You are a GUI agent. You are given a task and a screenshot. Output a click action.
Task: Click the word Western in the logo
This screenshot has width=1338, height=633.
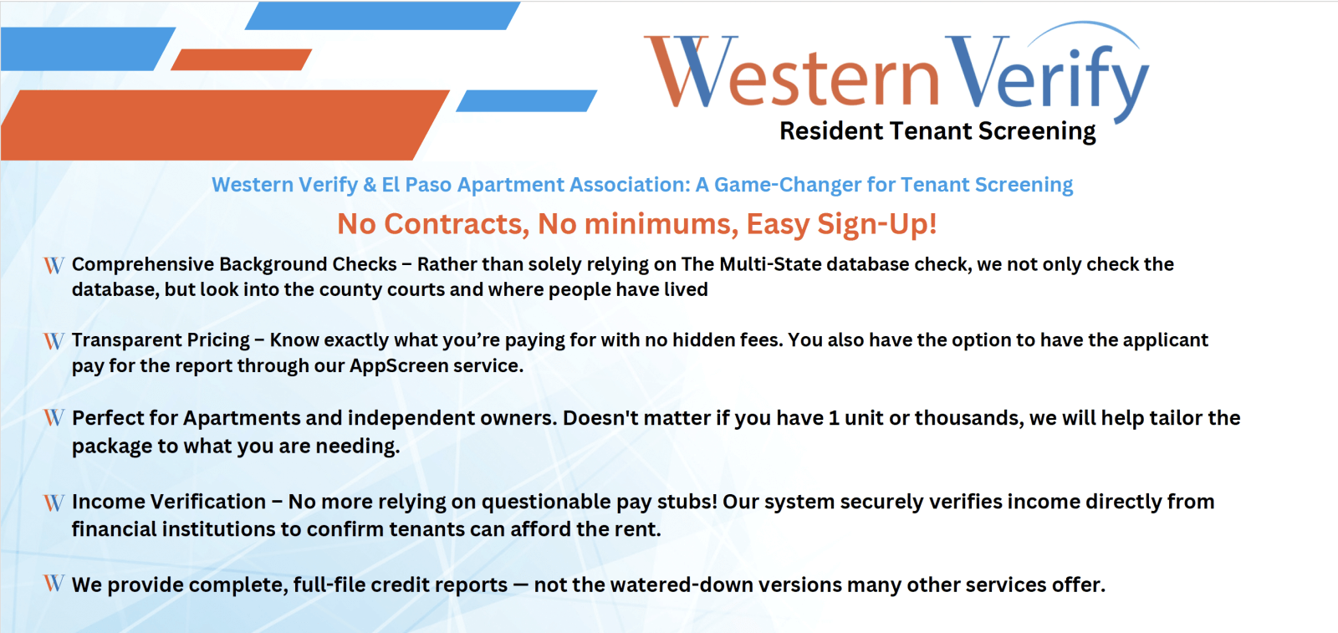pos(792,72)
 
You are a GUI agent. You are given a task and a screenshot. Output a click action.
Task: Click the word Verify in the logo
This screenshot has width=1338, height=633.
pos(1046,74)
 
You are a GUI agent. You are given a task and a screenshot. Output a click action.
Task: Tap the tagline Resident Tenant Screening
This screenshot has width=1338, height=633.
pos(937,131)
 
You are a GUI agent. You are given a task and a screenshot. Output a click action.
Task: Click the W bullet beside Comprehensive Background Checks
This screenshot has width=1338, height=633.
pos(54,265)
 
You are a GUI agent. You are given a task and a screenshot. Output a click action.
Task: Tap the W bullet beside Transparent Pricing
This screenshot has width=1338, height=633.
pos(54,341)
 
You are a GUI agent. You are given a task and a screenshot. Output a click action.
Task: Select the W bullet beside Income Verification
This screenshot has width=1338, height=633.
pos(54,503)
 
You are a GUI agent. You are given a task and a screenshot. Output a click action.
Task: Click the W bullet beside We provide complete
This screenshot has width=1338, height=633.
pos(54,583)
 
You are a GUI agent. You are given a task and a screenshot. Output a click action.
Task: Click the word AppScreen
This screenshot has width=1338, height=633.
pos(398,365)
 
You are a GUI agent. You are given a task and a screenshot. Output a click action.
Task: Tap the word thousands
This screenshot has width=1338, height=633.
pos(967,418)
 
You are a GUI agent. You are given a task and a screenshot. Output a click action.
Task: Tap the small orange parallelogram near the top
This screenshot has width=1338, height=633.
pos(241,59)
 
